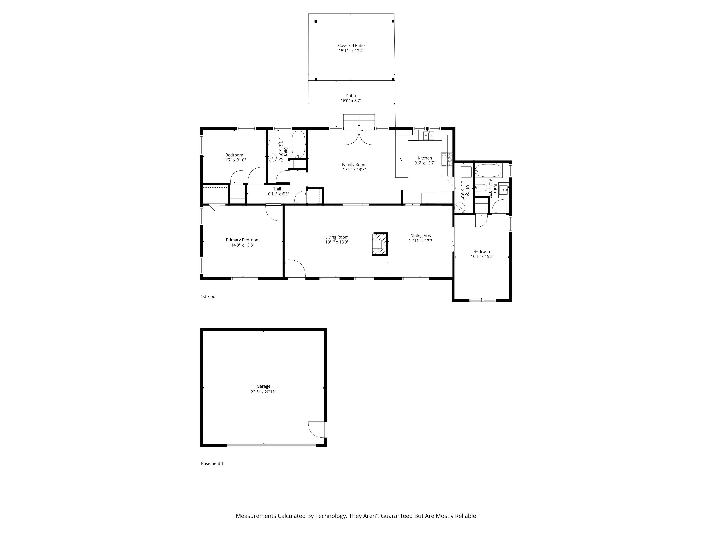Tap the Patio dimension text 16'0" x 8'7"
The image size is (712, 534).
pyautogui.click(x=351, y=101)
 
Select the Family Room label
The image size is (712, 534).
pyautogui.click(x=354, y=164)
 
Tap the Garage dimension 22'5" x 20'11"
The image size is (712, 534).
pyautogui.click(x=263, y=392)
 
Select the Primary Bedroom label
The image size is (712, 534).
pyautogui.click(x=242, y=240)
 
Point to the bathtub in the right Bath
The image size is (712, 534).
pyautogui.click(x=488, y=171)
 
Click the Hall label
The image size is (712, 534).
pyautogui.click(x=277, y=189)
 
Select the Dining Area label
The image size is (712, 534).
pyautogui.click(x=421, y=236)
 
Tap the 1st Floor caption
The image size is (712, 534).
pyautogui.click(x=209, y=296)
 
